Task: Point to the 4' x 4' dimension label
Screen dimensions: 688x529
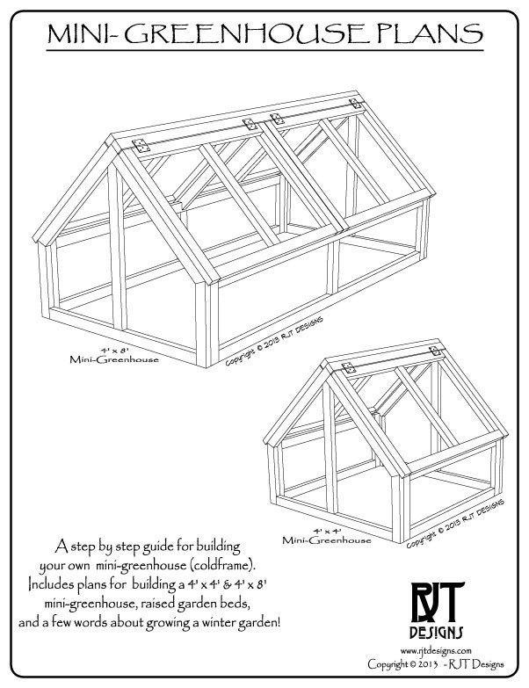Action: pos(327,532)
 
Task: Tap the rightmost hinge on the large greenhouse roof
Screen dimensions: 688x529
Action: pos(356,105)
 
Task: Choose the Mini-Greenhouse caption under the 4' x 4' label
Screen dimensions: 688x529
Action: pos(328,542)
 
